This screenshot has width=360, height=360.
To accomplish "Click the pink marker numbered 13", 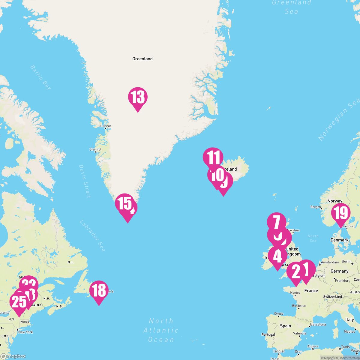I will coord(138,97).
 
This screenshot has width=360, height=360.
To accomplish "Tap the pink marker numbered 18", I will coord(99,290).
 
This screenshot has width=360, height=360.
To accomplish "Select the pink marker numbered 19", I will coord(341,213).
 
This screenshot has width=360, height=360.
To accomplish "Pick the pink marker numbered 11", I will coord(213,157).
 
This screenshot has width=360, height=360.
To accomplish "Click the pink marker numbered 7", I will coord(277,222).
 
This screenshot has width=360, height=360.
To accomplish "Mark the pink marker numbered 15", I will coord(124,203).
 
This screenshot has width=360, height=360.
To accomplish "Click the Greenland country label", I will coord(142,59).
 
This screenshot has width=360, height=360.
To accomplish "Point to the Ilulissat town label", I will coord(105,126).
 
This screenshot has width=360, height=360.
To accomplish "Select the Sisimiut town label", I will coord(96,149).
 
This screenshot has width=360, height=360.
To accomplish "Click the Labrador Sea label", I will coord(92,236).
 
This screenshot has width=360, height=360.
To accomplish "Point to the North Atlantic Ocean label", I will coord(161,330).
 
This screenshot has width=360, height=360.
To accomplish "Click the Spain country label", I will coord(285,326).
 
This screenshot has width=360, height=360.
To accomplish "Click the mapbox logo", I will coord(13,356).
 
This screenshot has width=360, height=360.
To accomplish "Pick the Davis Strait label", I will coord(85,181).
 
